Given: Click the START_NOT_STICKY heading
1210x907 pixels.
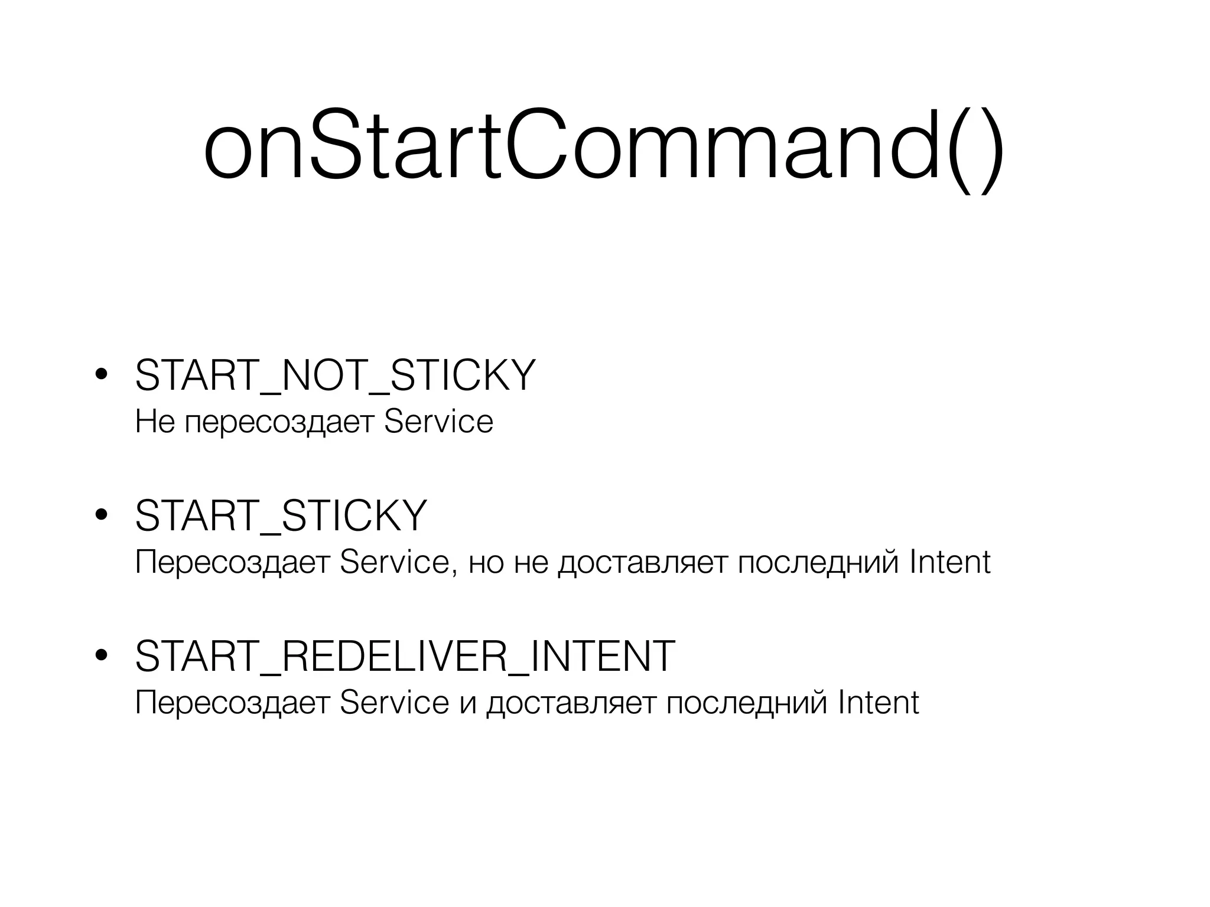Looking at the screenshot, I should (x=335, y=376).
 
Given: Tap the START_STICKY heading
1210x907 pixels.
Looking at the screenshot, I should (x=281, y=516).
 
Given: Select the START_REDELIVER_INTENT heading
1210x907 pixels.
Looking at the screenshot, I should (x=405, y=656).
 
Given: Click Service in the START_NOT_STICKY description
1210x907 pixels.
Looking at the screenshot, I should (x=438, y=422).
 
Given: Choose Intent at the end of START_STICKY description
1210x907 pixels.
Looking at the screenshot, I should (x=950, y=562).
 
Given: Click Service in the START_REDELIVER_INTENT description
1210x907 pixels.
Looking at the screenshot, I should (x=394, y=703).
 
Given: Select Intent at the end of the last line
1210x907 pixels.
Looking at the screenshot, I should (x=879, y=703).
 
